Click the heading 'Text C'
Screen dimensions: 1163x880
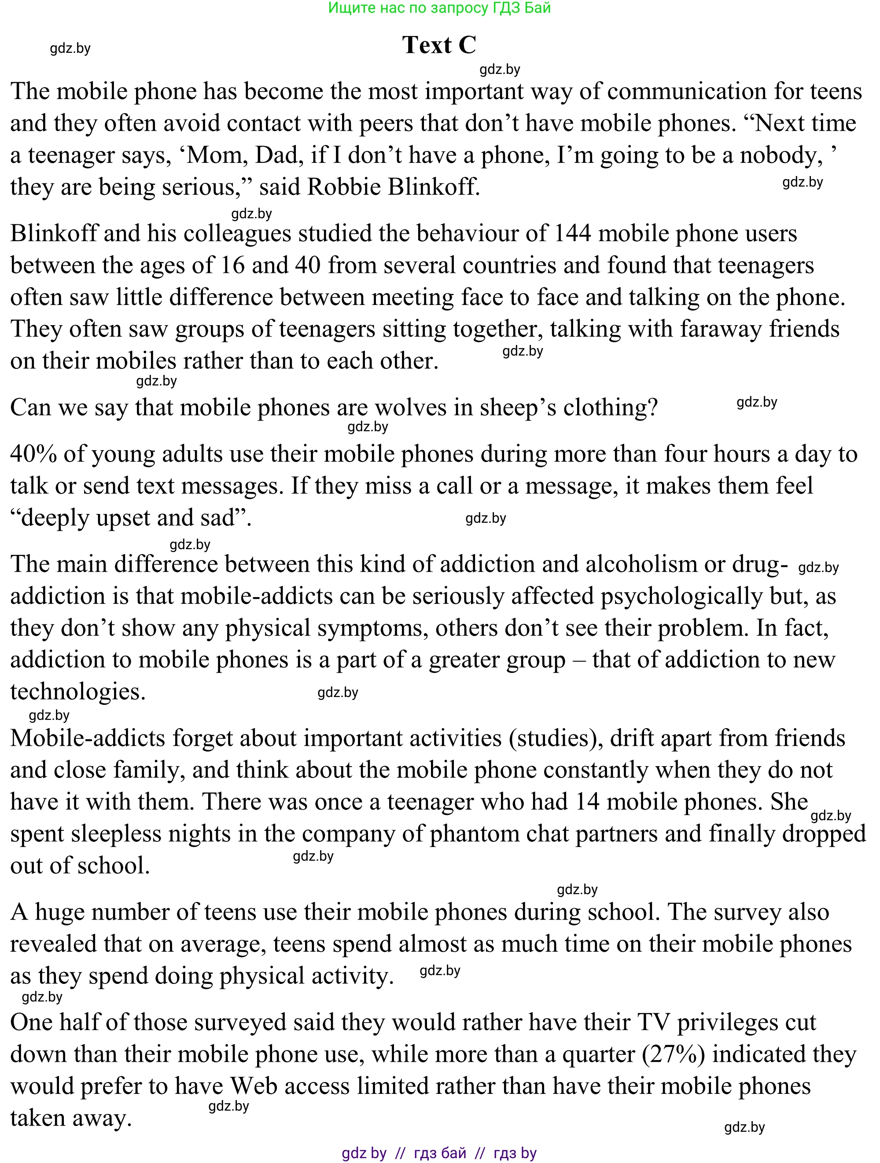[x=439, y=45]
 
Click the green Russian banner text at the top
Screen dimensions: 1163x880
[x=439, y=8]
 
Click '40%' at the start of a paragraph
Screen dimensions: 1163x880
[x=33, y=454]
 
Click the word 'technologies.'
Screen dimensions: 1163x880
[x=78, y=692]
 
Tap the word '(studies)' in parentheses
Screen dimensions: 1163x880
[x=556, y=738]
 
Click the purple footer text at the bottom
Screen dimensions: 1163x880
[x=439, y=1153]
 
